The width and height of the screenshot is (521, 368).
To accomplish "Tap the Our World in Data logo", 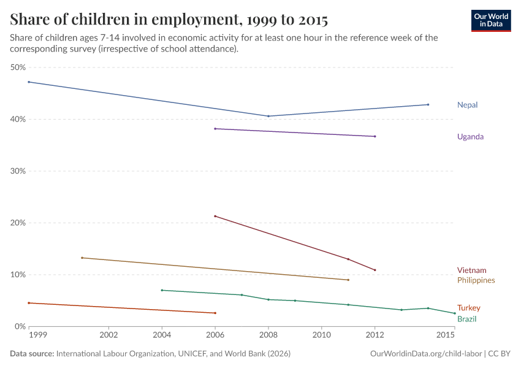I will [491, 21].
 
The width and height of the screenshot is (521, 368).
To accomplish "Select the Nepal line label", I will [467, 105].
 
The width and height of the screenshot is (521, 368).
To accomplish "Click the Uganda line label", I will [470, 137].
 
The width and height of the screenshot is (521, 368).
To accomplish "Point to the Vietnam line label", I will [471, 270].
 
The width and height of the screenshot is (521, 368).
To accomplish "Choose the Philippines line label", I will [476, 280].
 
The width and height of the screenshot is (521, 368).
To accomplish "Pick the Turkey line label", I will [468, 308].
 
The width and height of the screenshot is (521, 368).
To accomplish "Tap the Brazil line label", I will [466, 319].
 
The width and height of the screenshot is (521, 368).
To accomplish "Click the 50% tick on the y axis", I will [18, 67].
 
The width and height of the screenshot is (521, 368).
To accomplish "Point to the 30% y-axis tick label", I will [18, 171].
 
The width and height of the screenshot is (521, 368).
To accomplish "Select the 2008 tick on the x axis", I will [268, 335].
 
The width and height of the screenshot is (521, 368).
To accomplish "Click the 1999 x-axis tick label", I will [37, 335].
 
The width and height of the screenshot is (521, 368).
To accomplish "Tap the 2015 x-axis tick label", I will [446, 335].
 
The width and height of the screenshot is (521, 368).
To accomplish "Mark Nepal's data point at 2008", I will [268, 116].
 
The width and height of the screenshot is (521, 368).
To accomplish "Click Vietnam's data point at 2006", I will [215, 216].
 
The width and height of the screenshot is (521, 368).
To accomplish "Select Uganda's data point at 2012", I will [375, 136].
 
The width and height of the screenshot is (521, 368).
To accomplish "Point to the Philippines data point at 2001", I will [82, 258].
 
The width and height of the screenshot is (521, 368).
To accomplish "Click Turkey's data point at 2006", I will [215, 313].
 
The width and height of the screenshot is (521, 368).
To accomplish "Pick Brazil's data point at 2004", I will [162, 290].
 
